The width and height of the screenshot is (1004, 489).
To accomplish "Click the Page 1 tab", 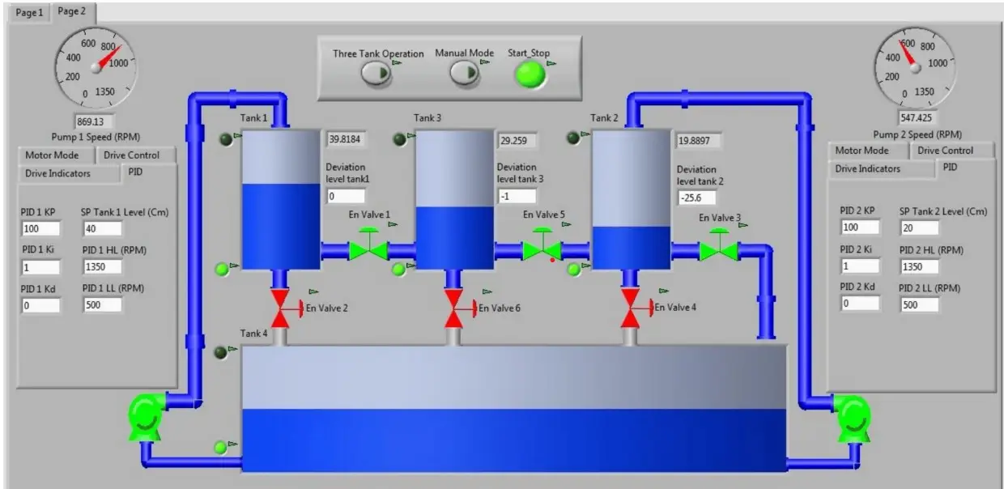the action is pyautogui.click(x=30, y=13).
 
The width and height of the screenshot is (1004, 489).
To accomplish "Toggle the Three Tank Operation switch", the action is pyautogui.click(x=376, y=73).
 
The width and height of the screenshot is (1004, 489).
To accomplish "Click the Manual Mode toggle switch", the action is pyautogui.click(x=464, y=73).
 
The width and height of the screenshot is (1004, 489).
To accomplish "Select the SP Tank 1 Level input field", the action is pyautogui.click(x=102, y=228).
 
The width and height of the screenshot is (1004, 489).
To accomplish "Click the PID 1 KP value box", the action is pyautogui.click(x=40, y=228).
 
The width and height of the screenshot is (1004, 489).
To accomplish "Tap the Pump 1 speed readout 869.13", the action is pyautogui.click(x=94, y=121).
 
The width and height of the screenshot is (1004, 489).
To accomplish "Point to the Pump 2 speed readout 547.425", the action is pyautogui.click(x=917, y=118).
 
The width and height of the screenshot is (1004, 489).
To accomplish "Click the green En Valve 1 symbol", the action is pyautogui.click(x=368, y=245).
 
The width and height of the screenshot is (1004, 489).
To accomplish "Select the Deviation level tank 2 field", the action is pyautogui.click(x=697, y=198).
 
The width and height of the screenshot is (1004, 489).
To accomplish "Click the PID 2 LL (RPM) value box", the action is pyautogui.click(x=919, y=304).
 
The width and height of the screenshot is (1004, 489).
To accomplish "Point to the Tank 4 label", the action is pyautogui.click(x=253, y=334).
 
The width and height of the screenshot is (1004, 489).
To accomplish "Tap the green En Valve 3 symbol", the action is pyautogui.click(x=719, y=245).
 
